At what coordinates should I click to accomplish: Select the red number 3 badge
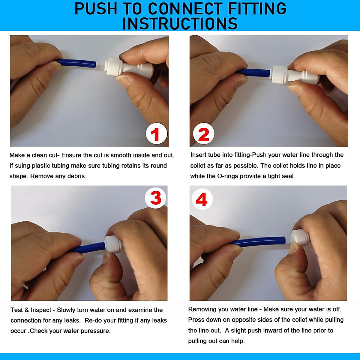coord(156,198)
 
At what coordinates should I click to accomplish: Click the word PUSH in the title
coord(96,9)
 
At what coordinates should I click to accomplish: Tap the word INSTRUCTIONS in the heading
coord(180,23)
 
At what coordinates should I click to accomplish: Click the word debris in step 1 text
coord(77,176)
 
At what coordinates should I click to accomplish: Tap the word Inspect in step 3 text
coord(41,310)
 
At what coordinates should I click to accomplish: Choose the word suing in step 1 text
coord(22,166)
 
